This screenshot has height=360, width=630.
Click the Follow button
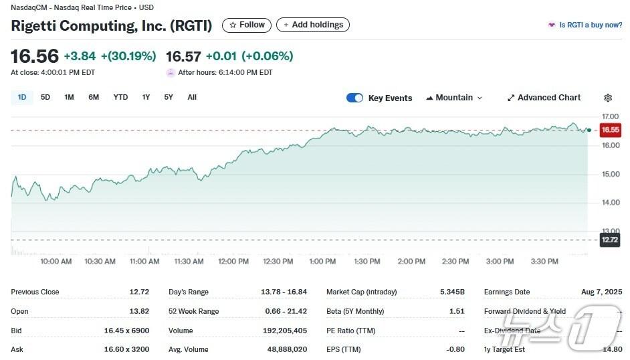tap(247, 25)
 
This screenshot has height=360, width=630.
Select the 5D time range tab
tap(45, 97)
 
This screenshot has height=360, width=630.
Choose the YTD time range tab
tap(120, 97)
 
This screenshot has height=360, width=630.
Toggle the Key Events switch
tap(354, 98)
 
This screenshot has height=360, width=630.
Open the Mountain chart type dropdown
tap(454, 98)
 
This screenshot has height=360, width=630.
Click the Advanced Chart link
tap(544, 98)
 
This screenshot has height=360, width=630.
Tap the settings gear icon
tap(608, 98)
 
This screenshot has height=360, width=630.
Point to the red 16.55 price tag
tap(610, 130)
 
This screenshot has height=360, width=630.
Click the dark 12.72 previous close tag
tap(609, 240)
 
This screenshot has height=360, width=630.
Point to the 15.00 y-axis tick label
tap(610, 174)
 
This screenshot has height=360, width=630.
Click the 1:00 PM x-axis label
tap(322, 262)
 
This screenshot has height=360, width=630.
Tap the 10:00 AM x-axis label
tap(56, 262)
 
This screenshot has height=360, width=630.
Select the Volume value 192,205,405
tap(284, 331)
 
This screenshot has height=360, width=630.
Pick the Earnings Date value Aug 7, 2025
tap(602, 292)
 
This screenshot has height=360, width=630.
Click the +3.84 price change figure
tap(80, 56)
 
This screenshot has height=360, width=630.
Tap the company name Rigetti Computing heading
tap(111, 25)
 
